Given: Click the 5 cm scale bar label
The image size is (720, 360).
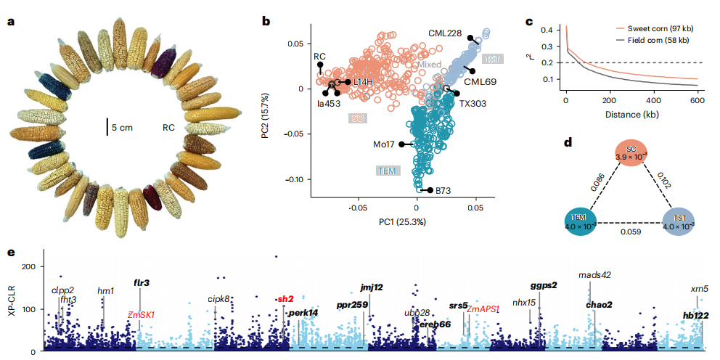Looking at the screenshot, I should click(122, 127).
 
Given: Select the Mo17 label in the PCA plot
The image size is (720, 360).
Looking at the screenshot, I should click(385, 144).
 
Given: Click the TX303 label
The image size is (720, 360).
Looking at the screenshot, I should click(472, 103).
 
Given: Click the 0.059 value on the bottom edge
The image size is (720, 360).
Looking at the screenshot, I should click(630, 232).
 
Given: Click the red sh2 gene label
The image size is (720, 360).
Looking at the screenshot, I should click(285, 299).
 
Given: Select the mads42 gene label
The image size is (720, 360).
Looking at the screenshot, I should click(594, 275).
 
